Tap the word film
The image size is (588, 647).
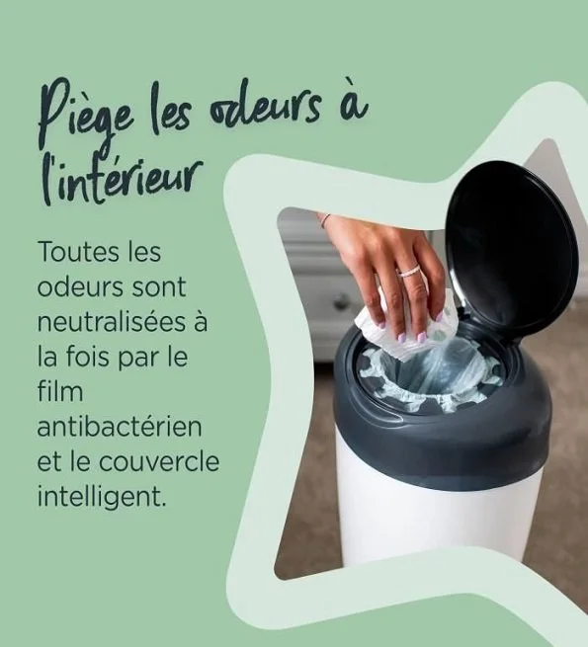coord(56,392)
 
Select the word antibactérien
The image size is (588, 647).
coord(120,427)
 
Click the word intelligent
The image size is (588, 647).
coord(102,496)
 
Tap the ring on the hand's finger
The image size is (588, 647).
coord(409,271)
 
